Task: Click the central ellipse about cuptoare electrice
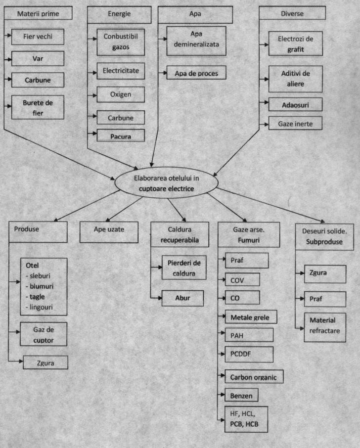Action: point(166,183)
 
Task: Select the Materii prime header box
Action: point(38,13)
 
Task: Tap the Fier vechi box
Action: point(38,37)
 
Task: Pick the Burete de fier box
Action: point(38,107)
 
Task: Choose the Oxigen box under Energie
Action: point(121,94)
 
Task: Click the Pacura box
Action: point(121,135)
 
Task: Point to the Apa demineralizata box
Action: point(196,41)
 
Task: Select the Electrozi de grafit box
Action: point(295,44)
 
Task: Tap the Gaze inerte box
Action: point(295,123)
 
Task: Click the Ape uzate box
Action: point(109,232)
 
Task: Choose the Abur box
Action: point(182,298)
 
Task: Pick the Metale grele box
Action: point(251,317)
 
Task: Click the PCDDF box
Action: point(249,355)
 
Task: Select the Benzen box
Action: point(241,395)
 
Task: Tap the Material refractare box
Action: point(325,327)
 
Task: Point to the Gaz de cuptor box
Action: point(44,334)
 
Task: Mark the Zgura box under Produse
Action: point(45,362)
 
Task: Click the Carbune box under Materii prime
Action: point(38,80)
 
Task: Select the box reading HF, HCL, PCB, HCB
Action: point(246,419)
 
